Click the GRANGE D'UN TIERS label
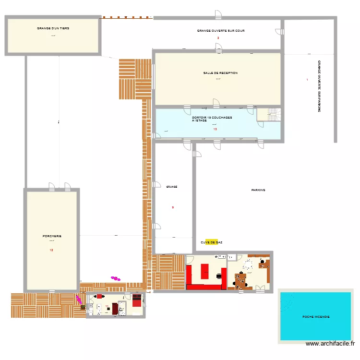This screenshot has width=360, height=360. [53, 28]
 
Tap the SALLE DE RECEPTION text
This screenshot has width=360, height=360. [220, 73]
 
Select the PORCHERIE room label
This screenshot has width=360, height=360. [52, 236]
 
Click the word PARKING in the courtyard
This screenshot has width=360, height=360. [258, 190]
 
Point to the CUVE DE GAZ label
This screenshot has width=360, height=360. [211, 242]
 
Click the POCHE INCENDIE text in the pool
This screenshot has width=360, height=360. [316, 317]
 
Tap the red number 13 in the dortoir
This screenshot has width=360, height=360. [215, 129]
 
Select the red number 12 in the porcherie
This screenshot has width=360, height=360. [51, 250]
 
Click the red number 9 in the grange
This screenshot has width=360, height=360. [173, 207]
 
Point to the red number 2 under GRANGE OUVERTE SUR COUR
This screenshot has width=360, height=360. [218, 38]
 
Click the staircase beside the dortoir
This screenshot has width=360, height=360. [273, 115]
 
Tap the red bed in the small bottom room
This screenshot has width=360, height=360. [137, 301]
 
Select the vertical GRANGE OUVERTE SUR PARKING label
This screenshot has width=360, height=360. [319, 86]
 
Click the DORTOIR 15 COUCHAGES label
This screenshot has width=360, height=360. [212, 118]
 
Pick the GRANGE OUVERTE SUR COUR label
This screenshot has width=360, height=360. [221, 31]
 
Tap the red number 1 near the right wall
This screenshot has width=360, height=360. [307, 80]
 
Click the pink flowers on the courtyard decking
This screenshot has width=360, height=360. [115, 277]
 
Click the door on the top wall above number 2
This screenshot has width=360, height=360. [218, 15]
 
